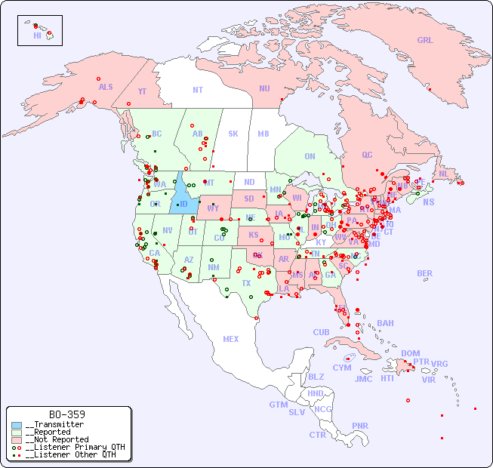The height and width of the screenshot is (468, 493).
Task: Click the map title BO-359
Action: tap(66, 414)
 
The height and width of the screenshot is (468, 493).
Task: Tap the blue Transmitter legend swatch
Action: tap(17, 424)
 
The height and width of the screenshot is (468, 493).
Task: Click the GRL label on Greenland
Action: tap(425, 41)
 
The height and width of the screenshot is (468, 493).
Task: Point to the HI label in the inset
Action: tap(37, 35)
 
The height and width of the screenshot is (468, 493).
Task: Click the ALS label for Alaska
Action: tap(106, 88)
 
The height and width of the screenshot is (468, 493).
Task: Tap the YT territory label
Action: tap(142, 91)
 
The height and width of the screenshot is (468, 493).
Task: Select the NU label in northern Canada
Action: tap(264, 89)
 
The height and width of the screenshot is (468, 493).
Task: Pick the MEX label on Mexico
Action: tap(230, 340)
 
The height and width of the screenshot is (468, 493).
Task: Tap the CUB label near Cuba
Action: tap(321, 333)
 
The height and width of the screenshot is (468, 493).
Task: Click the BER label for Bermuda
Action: tap(424, 274)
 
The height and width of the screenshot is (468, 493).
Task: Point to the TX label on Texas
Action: tap(246, 284)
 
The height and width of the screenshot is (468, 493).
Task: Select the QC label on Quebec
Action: tap(367, 155)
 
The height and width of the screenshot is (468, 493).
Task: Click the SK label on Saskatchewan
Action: tap(233, 134)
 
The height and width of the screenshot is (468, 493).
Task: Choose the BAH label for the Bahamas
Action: tap(385, 324)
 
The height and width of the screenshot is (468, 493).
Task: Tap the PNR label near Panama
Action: tap(360, 426)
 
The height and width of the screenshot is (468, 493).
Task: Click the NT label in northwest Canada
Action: tap(197, 90)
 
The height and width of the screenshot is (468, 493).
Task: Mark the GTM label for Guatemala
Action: tap(278, 405)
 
